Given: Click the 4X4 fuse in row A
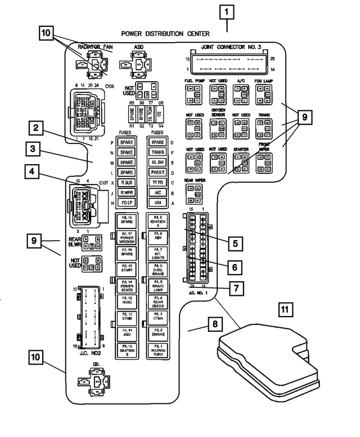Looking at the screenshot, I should click(x=157, y=202).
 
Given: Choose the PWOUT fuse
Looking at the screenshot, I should click(x=157, y=172).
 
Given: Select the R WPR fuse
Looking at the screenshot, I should click(x=126, y=192).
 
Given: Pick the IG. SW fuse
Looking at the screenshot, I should click(x=157, y=162).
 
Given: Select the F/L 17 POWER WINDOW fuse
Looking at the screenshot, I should click(x=127, y=236).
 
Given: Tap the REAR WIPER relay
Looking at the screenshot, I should click(x=193, y=193).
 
